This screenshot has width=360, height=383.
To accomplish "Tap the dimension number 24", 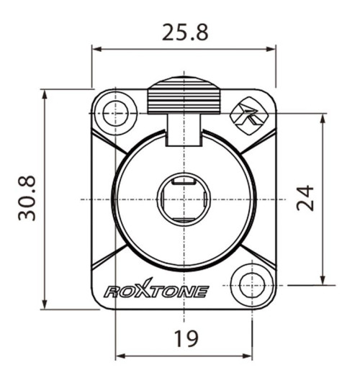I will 306,198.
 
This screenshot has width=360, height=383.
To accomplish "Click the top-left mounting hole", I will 115,113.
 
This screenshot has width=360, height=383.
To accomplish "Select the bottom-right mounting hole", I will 253,283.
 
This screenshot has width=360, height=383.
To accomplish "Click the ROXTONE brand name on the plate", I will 156,290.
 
